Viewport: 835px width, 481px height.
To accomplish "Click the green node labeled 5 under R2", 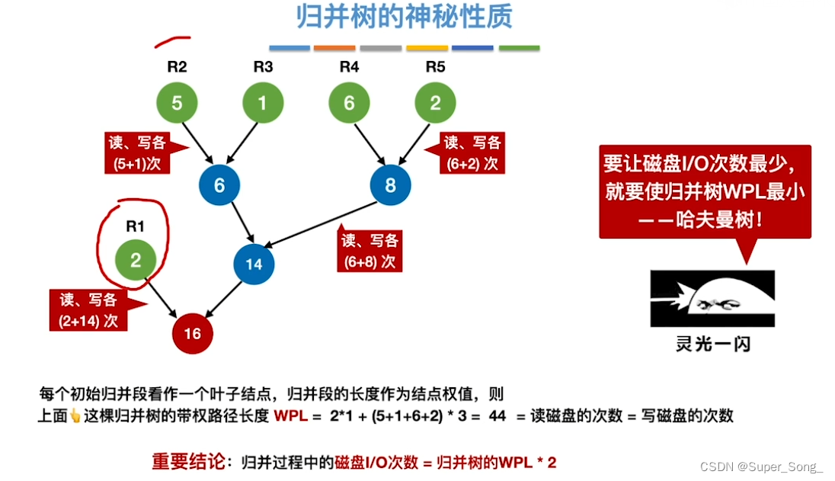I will [x=177, y=103].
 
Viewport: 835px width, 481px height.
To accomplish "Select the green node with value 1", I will [x=263, y=103].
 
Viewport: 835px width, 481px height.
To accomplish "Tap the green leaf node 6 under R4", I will [x=349, y=103].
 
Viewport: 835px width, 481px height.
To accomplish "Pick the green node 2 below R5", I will [x=435, y=103].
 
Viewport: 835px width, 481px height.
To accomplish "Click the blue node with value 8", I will [x=390, y=184].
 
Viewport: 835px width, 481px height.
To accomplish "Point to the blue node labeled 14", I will [x=254, y=264].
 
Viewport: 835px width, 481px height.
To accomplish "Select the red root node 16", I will [x=192, y=333].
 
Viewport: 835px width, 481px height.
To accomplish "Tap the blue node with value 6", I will [x=219, y=184].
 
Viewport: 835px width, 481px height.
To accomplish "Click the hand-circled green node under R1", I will [x=136, y=261].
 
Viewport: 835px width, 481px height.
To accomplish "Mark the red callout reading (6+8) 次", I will [x=370, y=250].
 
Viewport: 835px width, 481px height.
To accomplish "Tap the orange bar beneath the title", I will [x=334, y=48].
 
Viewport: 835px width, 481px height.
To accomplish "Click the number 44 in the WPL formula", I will [x=497, y=415].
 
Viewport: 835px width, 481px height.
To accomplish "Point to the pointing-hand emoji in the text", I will [x=75, y=416].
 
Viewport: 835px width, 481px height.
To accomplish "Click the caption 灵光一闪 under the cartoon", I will [x=712, y=344].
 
